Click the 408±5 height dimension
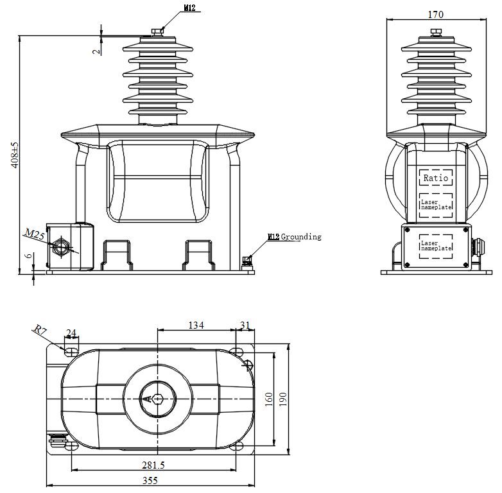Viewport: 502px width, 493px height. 15,155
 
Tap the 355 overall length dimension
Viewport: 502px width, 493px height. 151,480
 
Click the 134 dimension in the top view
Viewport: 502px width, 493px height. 196,325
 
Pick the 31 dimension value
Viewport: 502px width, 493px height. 243,325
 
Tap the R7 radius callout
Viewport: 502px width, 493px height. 40,330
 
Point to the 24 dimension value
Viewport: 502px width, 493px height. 71,333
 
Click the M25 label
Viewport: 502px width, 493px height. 35,234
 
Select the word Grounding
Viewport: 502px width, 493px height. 301,237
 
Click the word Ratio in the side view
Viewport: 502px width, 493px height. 436,177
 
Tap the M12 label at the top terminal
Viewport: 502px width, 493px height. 190,8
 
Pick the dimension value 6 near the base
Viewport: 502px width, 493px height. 28,255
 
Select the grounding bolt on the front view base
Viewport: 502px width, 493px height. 246,262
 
